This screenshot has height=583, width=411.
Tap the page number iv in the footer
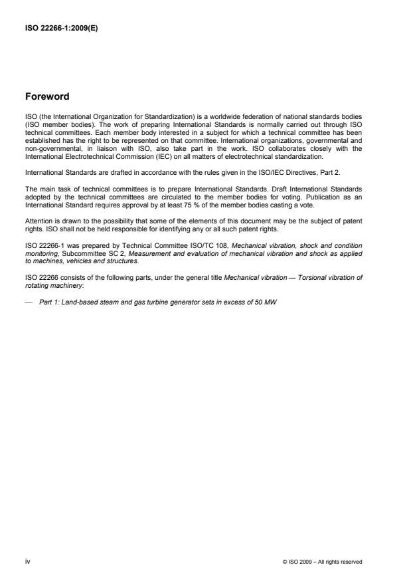(27, 562)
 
